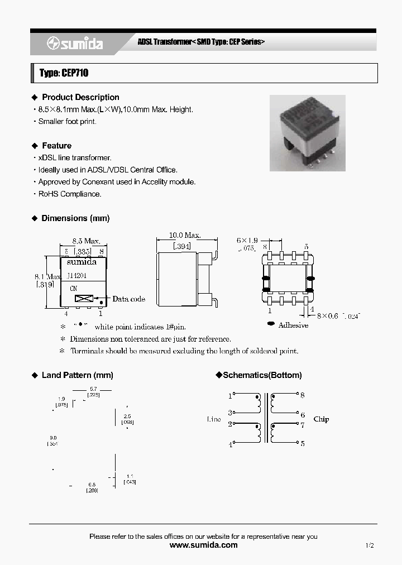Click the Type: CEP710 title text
pos(64,73)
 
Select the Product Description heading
pos(80,97)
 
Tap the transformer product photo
pos(307,132)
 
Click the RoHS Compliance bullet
pos(69,194)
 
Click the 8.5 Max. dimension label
pos(86,241)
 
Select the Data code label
pos(128,299)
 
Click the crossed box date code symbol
pos(82,299)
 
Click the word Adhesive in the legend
pos(293,325)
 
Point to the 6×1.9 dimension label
pos(247,240)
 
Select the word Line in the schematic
pos(214,419)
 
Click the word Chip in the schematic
pos(321,419)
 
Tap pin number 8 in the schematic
pos(303,395)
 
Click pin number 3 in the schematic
pos(229,414)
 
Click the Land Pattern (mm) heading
pos(77,375)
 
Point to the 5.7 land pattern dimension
pos(93,389)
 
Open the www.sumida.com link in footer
pos(203,545)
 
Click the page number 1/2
pos(370,545)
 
